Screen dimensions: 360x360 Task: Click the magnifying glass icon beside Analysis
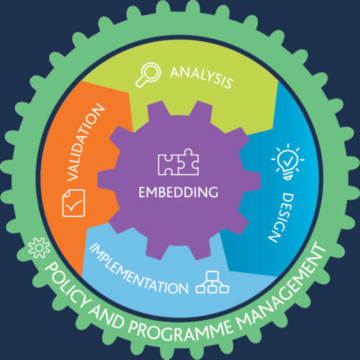tap(148, 75)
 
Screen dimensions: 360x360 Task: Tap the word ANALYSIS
tap(202, 77)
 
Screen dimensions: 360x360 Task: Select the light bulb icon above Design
tap(288, 161)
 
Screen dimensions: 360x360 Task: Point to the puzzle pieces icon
tap(179, 162)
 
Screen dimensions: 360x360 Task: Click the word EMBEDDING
tap(179, 192)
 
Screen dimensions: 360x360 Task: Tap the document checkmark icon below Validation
tap(73, 203)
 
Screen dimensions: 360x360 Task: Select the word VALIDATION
tap(85, 143)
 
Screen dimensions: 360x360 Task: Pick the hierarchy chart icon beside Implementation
tap(212, 282)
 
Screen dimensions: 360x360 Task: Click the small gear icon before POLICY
tap(39, 248)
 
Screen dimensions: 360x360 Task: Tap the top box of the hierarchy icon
tap(212, 275)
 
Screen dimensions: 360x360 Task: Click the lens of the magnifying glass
tap(151, 72)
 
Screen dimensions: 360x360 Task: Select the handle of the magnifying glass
tap(140, 83)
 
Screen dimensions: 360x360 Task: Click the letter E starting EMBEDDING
tap(142, 192)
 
